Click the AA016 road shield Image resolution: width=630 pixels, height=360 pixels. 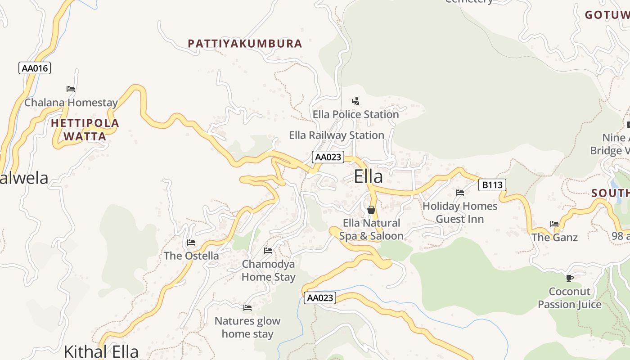tap(35, 68)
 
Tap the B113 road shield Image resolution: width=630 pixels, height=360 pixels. tap(492, 184)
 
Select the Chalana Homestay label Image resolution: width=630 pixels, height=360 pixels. tap(71, 103)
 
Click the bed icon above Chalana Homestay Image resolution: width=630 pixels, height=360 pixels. tap(71, 89)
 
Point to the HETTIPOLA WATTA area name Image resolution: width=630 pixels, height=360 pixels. tap(85, 130)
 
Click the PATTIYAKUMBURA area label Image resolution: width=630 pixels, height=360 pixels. tap(245, 44)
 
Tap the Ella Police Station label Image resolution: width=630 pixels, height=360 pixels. tap(355, 114)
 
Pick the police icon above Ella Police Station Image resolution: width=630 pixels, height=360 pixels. tap(355, 101)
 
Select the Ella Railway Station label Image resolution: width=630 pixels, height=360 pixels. tap(336, 135)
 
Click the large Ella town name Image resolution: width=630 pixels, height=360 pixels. tap(368, 176)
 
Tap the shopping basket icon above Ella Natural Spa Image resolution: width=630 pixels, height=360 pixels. tap(371, 210)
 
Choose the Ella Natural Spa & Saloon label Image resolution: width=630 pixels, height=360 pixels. tap(371, 229)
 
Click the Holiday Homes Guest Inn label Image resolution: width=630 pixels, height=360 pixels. tap(460, 212)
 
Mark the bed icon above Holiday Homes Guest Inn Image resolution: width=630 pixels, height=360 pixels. tap(460, 193)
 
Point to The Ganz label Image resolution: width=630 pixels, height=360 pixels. tap(554, 237)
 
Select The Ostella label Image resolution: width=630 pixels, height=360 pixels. tap(191, 256)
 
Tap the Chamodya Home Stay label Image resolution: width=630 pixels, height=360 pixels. tap(268, 270)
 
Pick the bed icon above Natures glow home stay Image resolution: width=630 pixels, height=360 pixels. tap(247, 308)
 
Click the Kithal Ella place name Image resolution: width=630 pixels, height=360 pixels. tap(101, 351)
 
